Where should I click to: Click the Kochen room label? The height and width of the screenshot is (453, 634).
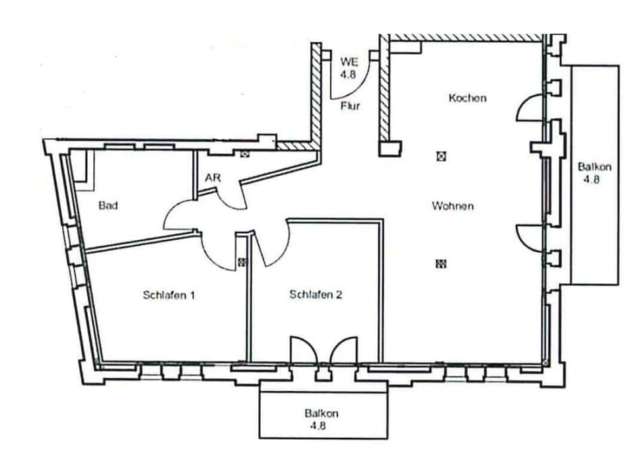click(x=467, y=98)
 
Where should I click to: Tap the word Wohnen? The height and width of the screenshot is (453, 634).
click(x=452, y=206)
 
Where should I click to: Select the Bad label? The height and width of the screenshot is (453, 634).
click(x=108, y=205)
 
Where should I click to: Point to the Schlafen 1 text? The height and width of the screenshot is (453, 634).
click(x=168, y=295)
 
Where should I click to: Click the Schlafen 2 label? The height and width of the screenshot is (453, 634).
click(x=316, y=295)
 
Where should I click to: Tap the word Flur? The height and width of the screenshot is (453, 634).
click(x=350, y=106)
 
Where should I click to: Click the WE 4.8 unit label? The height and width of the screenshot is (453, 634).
click(x=349, y=68)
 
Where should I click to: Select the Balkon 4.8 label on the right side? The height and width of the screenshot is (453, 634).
click(x=594, y=172)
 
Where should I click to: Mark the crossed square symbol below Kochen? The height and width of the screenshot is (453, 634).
click(x=441, y=157)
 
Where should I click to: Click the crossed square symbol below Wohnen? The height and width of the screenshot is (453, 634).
click(x=441, y=263)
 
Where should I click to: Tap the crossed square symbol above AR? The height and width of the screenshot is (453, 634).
click(x=245, y=154)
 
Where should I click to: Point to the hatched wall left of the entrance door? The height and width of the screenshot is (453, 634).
click(x=316, y=92)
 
